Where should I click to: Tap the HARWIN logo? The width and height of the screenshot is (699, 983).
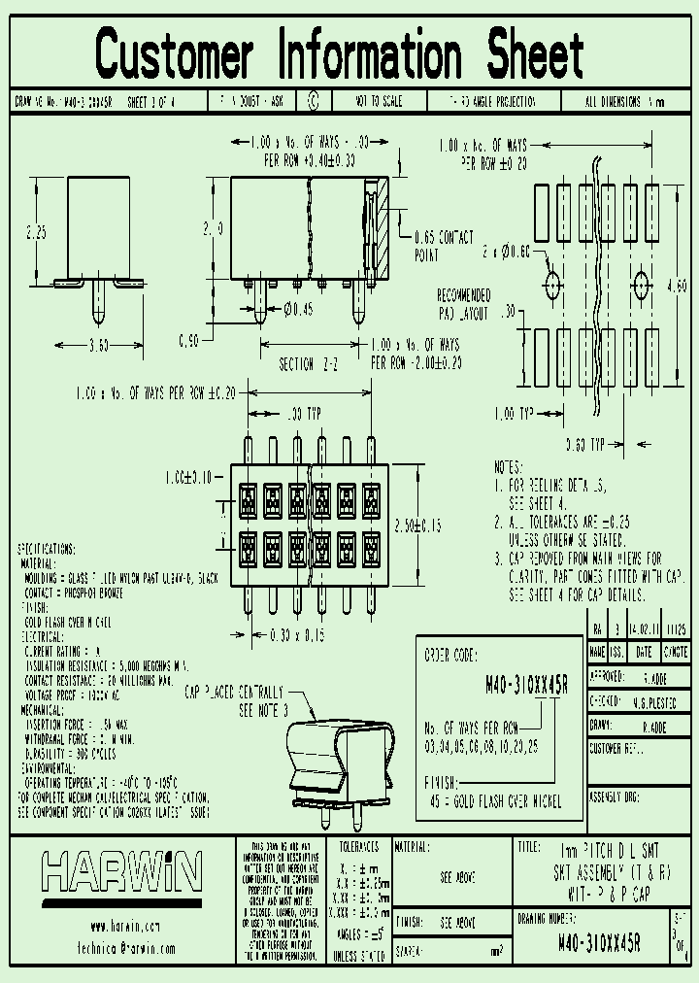click(x=120, y=872)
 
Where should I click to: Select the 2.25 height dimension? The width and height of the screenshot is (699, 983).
click(x=36, y=232)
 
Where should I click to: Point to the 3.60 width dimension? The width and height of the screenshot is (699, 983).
click(x=99, y=345)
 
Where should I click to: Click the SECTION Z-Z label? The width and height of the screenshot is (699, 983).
click(x=310, y=364)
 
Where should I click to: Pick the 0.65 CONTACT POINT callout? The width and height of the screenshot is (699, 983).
click(x=444, y=246)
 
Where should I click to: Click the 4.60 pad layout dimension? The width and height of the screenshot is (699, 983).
click(x=678, y=286)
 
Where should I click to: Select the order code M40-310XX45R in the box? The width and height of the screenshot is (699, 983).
click(x=526, y=685)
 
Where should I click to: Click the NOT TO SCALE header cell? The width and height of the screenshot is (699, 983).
click(x=380, y=100)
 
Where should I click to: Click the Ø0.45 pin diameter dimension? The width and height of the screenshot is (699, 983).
click(x=299, y=311)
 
